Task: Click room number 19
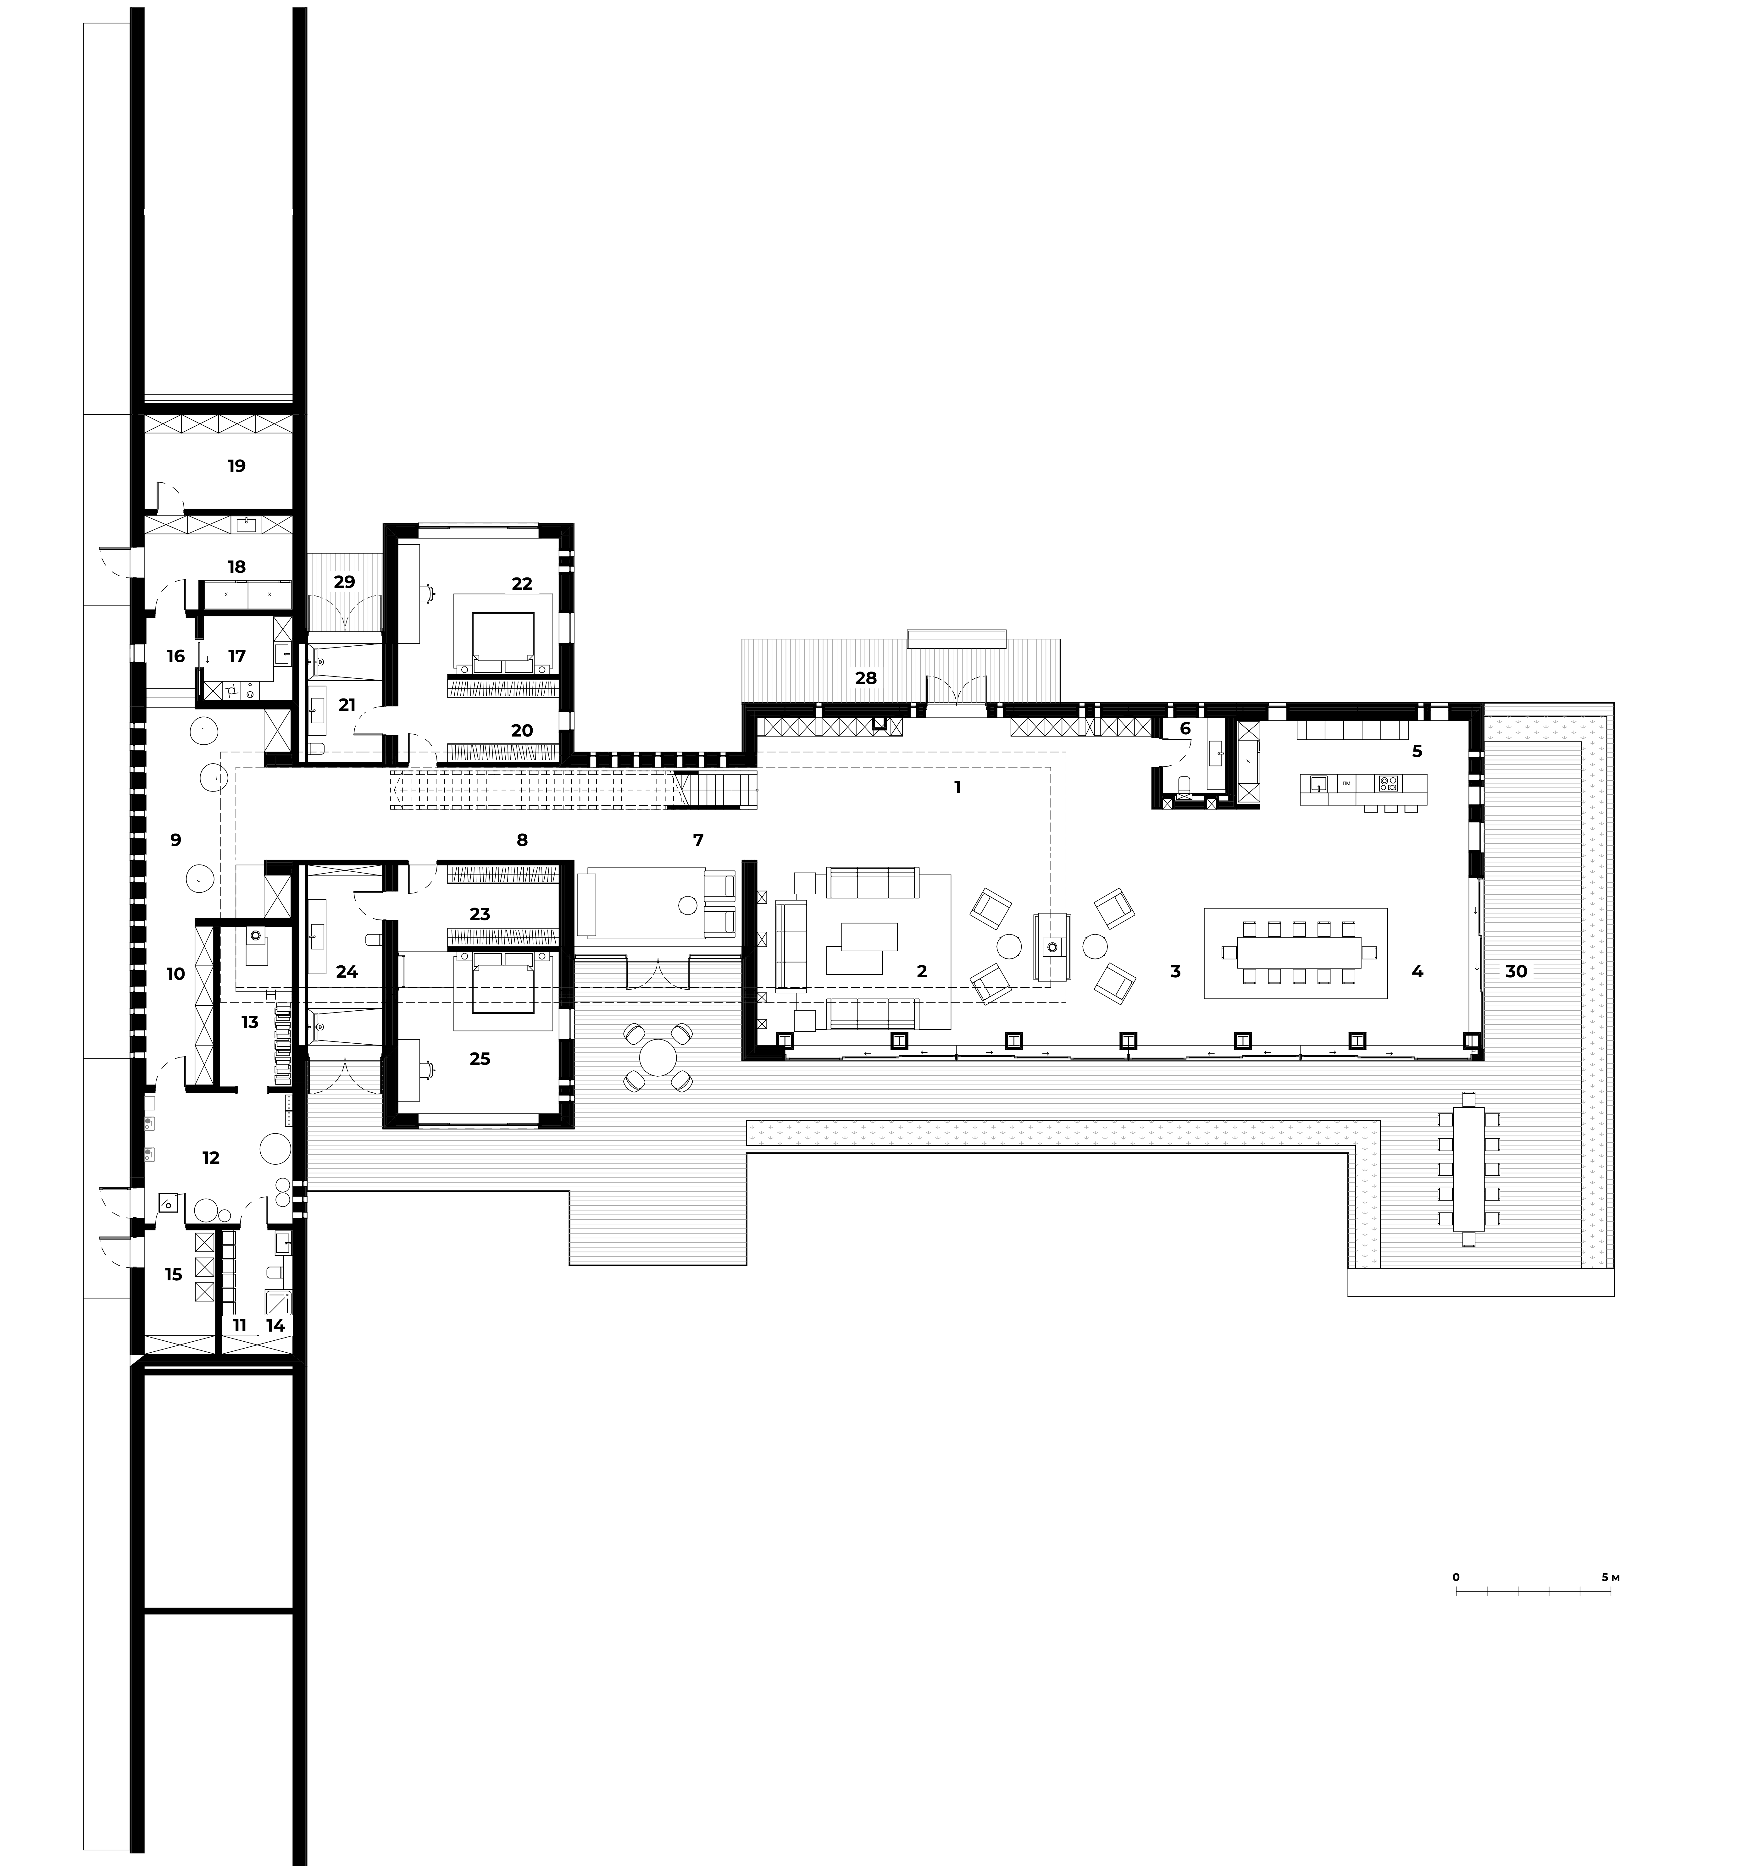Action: [236, 466]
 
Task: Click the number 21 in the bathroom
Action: [347, 704]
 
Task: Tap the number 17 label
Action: [236, 656]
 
